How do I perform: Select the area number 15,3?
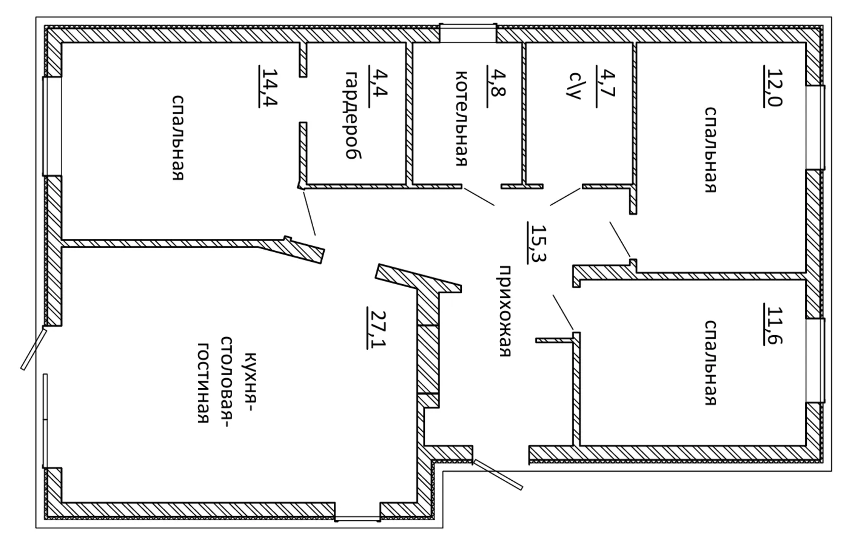537,243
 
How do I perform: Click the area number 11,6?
773,324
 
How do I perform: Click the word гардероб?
353,115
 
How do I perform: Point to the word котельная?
461,118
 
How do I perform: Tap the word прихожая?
504,310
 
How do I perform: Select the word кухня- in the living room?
249,382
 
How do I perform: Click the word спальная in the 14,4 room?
178,137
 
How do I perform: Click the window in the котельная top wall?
467,33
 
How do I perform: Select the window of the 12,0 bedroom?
815,127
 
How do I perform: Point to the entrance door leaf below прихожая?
498,475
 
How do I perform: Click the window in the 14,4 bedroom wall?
52,126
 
